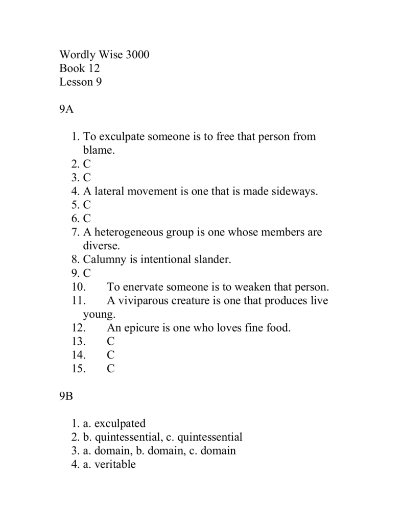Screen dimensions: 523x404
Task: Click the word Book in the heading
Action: point(72,68)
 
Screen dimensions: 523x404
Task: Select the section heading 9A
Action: point(67,109)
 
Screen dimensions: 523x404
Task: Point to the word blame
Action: point(99,150)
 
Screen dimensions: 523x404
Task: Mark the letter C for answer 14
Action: point(111,355)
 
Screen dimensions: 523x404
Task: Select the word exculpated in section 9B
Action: point(120,423)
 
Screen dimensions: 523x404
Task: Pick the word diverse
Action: point(101,246)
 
